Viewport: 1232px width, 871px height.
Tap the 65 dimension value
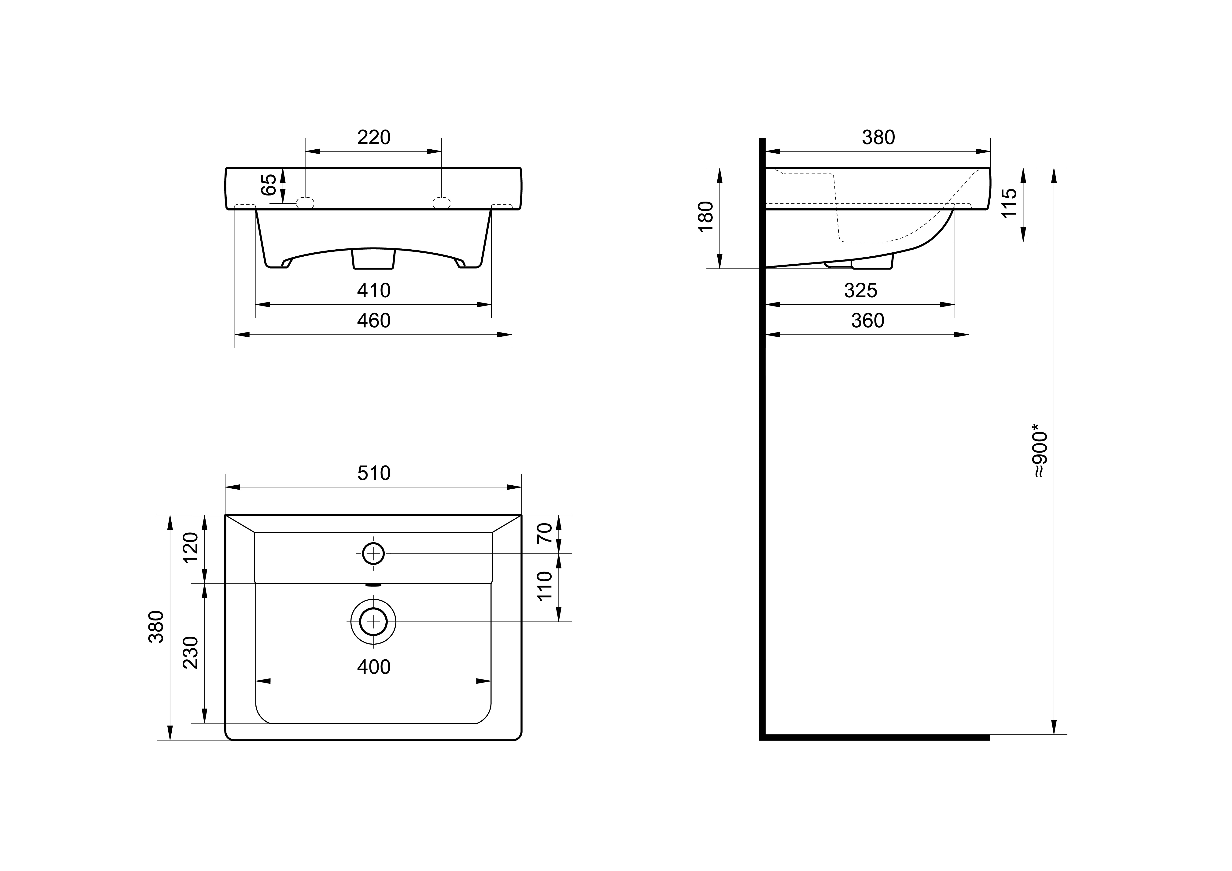click(269, 185)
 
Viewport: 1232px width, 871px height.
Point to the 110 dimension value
click(545, 586)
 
